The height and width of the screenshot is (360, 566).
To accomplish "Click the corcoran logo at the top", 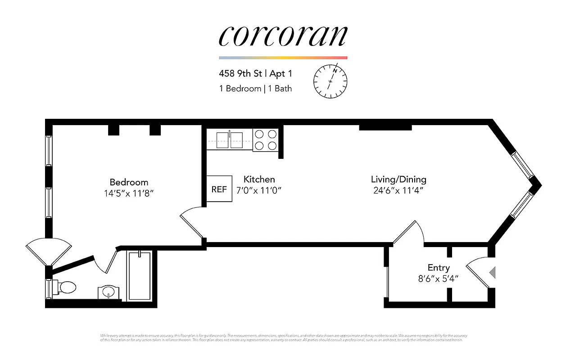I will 283,36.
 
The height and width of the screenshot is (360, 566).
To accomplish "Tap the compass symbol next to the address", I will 330,81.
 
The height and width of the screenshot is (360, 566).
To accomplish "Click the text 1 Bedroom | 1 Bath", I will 255,89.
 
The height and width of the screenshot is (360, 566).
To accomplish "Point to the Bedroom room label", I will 129,182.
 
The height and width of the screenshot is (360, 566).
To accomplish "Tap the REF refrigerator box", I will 219,189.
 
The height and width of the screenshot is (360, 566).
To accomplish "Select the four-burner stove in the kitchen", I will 266,140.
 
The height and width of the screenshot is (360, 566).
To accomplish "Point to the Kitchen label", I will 259,179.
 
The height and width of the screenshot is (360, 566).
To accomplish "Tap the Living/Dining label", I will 398,179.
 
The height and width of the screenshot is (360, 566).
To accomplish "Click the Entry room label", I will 438,268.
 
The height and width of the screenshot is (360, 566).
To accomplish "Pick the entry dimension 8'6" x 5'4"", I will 438,279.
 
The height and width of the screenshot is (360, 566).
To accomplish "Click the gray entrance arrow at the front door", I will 492,273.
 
